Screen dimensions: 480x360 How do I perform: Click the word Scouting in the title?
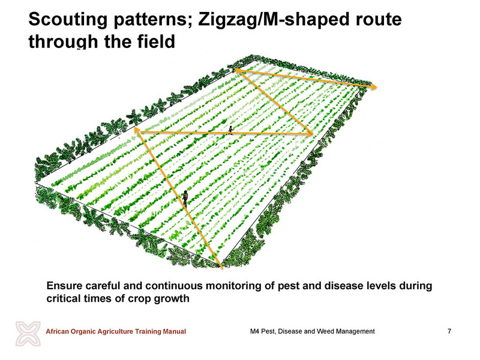point(68,20)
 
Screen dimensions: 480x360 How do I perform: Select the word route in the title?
point(379,20)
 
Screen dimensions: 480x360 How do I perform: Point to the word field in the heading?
point(156,41)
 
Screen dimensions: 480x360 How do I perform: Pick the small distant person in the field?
point(230,130)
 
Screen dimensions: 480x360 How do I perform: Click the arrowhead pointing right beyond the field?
point(373,86)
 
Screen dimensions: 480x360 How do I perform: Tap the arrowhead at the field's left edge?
point(137,131)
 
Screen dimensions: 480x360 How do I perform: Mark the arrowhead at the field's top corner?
point(238,71)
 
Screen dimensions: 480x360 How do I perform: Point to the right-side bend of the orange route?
point(311,134)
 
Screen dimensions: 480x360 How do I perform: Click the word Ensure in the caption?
point(65,286)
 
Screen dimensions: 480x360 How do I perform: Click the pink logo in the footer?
point(28,334)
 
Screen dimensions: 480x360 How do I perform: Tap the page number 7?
point(449,331)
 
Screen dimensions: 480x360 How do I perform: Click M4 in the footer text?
point(254,331)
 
